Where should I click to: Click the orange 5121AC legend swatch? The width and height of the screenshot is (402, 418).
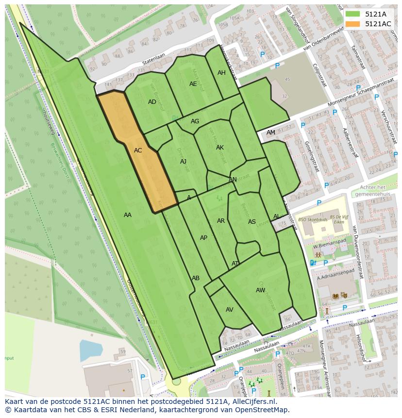click(x=353, y=24)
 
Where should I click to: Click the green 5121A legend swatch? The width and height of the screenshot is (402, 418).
click(x=353, y=14)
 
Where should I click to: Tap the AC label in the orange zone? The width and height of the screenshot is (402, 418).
click(x=138, y=150)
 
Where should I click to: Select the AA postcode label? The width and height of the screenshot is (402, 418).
click(x=128, y=215)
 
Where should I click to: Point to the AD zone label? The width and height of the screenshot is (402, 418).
click(x=152, y=102)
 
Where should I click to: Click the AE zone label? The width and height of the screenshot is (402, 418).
click(x=193, y=84)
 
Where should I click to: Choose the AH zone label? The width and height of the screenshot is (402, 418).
click(x=221, y=73)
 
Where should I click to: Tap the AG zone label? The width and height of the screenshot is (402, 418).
click(x=195, y=121)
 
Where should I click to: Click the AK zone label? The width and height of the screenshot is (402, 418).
click(x=220, y=147)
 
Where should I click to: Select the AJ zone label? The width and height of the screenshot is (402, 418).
click(x=183, y=162)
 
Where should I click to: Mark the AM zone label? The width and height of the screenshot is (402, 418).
click(x=270, y=133)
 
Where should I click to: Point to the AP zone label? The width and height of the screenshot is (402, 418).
click(x=203, y=238)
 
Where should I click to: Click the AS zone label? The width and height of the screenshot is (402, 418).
click(x=251, y=222)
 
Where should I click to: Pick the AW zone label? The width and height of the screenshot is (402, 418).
click(x=260, y=290)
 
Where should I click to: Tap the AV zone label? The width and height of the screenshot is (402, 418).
click(x=230, y=310)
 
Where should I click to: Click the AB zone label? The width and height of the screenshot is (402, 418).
click(x=196, y=278)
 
